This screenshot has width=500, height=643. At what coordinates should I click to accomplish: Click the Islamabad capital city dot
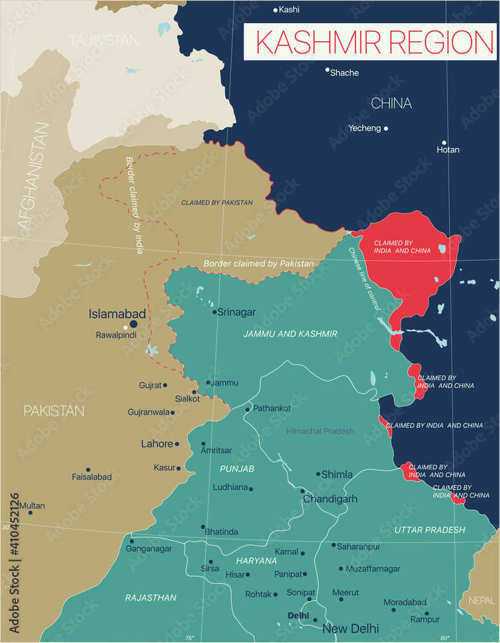(134, 325)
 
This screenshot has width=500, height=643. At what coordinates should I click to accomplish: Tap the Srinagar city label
(236, 312)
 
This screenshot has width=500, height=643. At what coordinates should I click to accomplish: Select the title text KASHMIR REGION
(375, 42)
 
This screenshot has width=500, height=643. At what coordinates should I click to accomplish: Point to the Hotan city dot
(444, 143)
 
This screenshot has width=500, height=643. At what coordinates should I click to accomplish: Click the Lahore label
(157, 444)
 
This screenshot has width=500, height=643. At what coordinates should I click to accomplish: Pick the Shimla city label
(337, 475)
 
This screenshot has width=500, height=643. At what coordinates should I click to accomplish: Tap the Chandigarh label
(330, 499)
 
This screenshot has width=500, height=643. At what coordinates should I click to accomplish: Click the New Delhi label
(351, 628)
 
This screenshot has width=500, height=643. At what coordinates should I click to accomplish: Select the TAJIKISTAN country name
(104, 41)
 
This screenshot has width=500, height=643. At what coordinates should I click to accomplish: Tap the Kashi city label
(290, 10)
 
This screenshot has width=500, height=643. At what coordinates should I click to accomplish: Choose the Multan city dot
(30, 512)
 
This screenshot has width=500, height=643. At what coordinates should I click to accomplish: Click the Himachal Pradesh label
(320, 431)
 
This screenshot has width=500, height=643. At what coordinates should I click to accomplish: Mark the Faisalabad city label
(92, 477)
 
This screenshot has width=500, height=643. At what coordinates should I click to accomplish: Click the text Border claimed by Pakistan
(259, 264)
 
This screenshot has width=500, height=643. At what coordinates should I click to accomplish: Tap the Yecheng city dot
(386, 129)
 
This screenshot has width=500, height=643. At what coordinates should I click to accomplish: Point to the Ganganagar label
(149, 548)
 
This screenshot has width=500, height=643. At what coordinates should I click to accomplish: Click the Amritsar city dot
(203, 444)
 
